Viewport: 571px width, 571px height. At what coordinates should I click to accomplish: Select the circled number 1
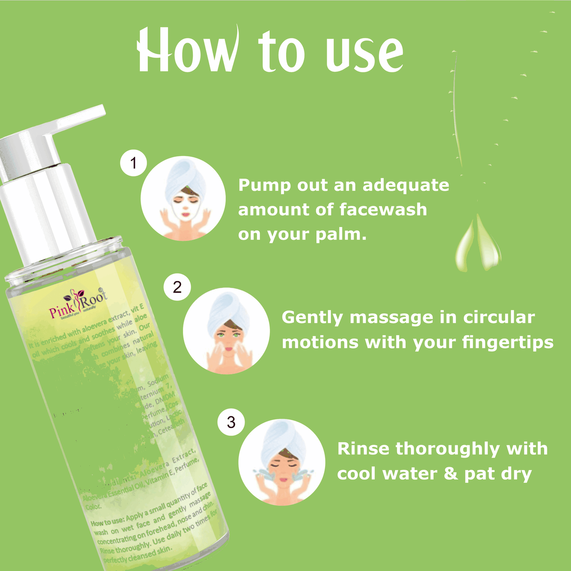tap(134, 163)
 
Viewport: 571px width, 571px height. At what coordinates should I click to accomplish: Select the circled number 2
tap(177, 287)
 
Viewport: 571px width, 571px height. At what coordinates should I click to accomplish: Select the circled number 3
tap(231, 422)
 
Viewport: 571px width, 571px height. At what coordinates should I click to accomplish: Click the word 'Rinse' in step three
tap(363, 449)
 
